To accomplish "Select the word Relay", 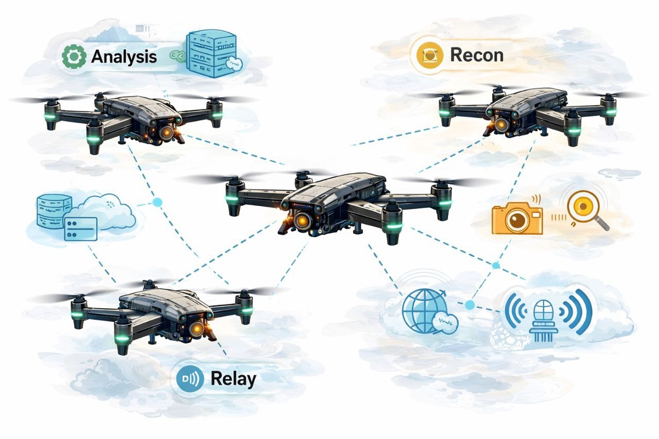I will tap(233, 378).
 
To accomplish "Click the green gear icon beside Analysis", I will tap(72, 57).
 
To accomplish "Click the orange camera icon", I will tap(517, 218).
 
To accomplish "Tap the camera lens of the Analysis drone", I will tap(166, 131).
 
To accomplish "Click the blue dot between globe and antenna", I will tap(470, 305).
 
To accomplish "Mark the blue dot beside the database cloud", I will tap(157, 202).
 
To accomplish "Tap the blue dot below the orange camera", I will tap(496, 266).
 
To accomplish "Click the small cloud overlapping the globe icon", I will tap(444, 324).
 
